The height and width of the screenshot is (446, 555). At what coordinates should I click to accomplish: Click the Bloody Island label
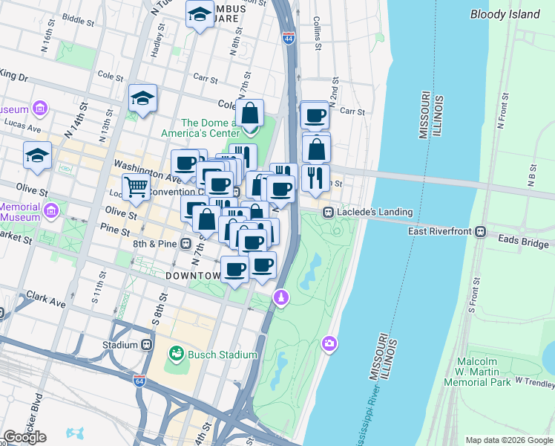[505, 14]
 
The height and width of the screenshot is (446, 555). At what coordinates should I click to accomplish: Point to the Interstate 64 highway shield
[139, 381]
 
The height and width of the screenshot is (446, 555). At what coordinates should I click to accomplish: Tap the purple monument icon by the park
[280, 298]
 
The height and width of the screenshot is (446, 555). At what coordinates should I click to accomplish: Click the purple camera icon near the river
[329, 343]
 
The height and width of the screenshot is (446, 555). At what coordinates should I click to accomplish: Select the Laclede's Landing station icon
[327, 213]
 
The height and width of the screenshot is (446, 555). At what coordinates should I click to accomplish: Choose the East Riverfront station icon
[481, 231]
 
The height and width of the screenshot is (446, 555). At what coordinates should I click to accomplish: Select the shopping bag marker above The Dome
[251, 114]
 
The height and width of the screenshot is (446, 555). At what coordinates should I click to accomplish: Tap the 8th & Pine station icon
[185, 243]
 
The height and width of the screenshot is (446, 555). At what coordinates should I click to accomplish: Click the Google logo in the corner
[24, 437]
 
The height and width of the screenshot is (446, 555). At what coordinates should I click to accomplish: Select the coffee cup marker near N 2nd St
[315, 115]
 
